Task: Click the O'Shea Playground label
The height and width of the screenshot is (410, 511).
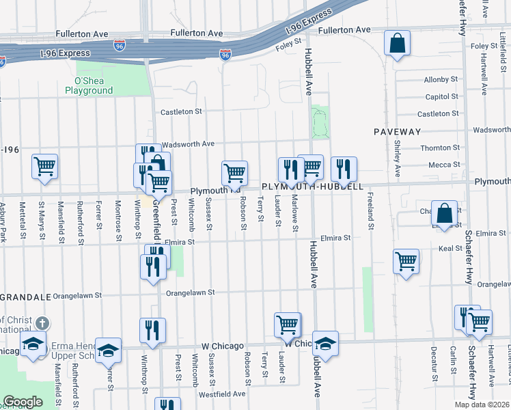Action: [x=89, y=85]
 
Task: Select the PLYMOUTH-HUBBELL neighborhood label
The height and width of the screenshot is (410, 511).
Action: [x=311, y=186]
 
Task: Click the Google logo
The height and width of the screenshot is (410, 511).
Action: [x=23, y=402]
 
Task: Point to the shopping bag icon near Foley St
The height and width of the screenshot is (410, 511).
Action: [x=397, y=44]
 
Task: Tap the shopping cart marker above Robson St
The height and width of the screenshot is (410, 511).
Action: [x=234, y=174]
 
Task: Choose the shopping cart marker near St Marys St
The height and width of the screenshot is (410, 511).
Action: [x=44, y=167]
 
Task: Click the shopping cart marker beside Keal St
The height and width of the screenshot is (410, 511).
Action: [x=406, y=262]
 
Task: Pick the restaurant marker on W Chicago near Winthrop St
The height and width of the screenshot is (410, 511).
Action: [x=152, y=331]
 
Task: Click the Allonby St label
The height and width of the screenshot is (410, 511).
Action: [x=441, y=80]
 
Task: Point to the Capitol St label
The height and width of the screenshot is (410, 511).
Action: [x=441, y=97]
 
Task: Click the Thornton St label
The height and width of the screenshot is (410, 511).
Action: [x=440, y=148]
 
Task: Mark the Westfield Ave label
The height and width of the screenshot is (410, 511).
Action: [x=221, y=394]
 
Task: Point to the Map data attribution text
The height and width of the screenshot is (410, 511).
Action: [x=482, y=405]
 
